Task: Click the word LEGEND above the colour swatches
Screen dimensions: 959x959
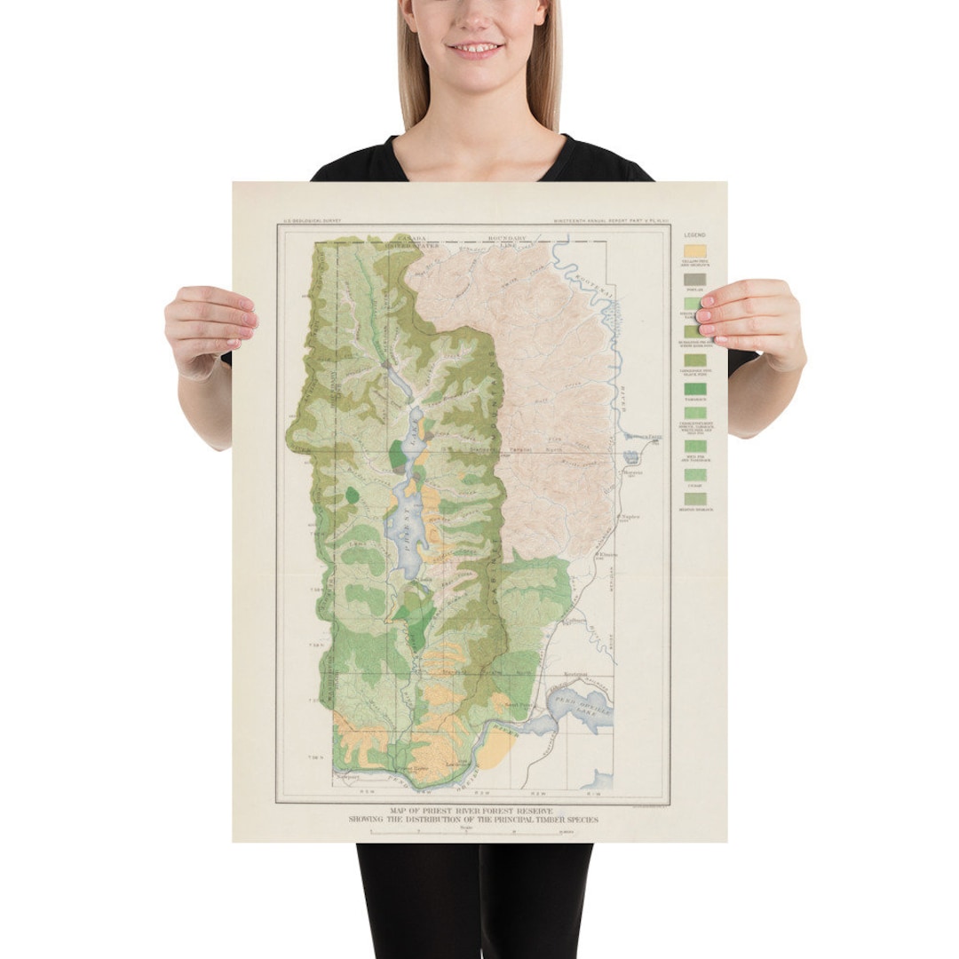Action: pyautogui.click(x=694, y=235)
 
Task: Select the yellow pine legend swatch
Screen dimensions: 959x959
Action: pyautogui.click(x=694, y=251)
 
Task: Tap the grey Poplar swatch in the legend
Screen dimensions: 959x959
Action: pyautogui.click(x=694, y=279)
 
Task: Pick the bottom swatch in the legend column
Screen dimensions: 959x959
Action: pyautogui.click(x=694, y=499)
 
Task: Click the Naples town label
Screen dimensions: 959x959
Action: pyautogui.click(x=630, y=518)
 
